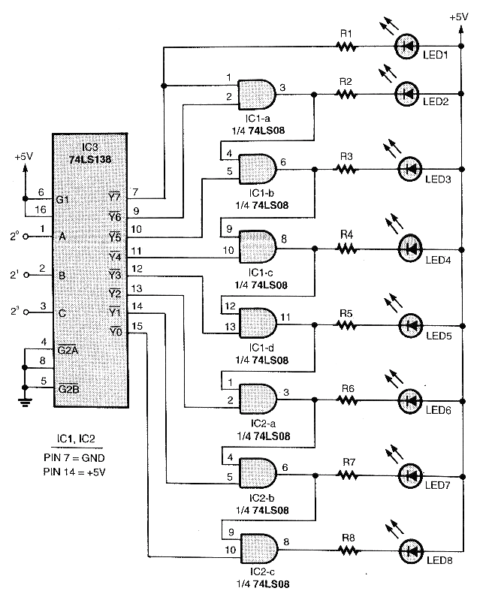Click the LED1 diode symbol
(407, 46)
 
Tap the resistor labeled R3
(346, 169)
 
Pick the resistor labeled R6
(346, 400)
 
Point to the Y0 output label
(115, 331)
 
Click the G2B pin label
(68, 388)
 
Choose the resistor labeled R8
(346, 550)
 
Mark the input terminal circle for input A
(27, 237)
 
